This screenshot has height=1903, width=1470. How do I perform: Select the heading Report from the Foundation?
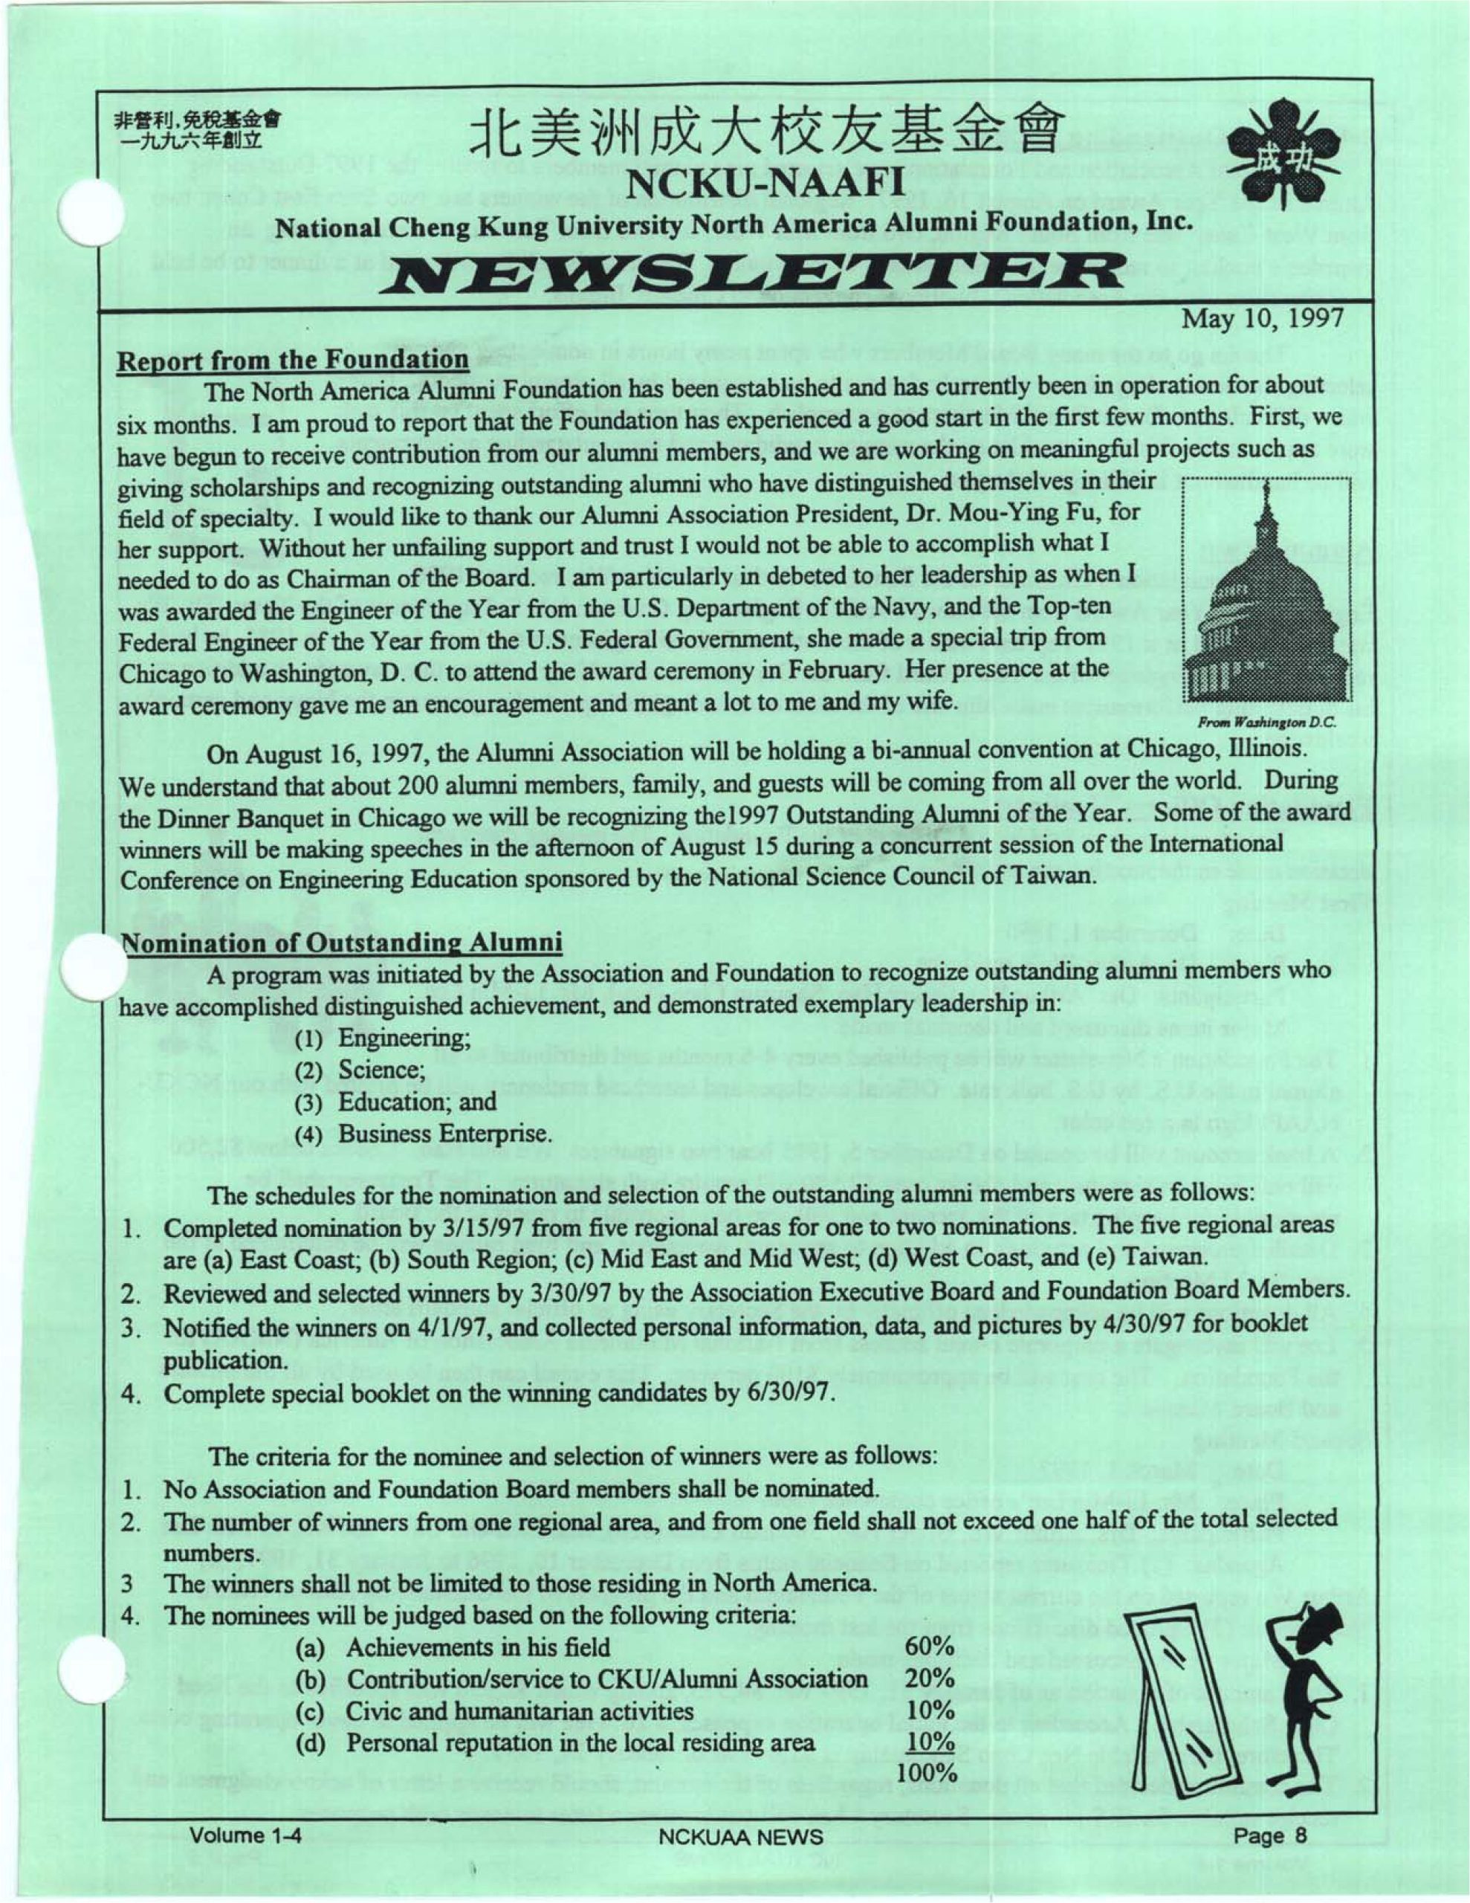coord(293,359)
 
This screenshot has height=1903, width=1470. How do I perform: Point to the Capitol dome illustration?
coord(1263,601)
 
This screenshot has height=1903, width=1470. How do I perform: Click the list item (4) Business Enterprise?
coord(424,1134)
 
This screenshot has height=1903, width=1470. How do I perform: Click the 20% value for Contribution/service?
coord(929,1679)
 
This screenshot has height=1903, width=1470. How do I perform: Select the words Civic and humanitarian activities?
coord(519,1710)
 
